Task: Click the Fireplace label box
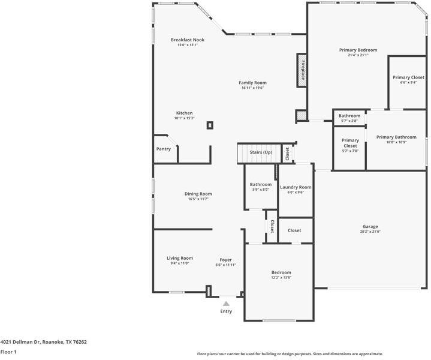(302, 70)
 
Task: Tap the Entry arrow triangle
(226, 304)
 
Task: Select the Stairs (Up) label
(261, 152)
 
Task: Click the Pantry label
(164, 149)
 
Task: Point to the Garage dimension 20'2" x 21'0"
(370, 232)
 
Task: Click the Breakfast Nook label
(188, 40)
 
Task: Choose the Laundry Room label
(296, 187)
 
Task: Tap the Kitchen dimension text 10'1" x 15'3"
(184, 118)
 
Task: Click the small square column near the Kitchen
(210, 125)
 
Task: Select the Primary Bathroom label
(396, 137)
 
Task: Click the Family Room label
(252, 83)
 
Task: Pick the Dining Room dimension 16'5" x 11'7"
(198, 199)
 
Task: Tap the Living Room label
(180, 258)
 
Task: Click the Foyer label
(225, 260)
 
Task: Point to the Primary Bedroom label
(358, 50)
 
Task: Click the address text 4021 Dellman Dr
(20, 342)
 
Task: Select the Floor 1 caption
(8, 352)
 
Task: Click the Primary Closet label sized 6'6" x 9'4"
(408, 77)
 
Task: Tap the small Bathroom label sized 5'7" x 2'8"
(349, 116)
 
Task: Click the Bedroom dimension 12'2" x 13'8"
(281, 278)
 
